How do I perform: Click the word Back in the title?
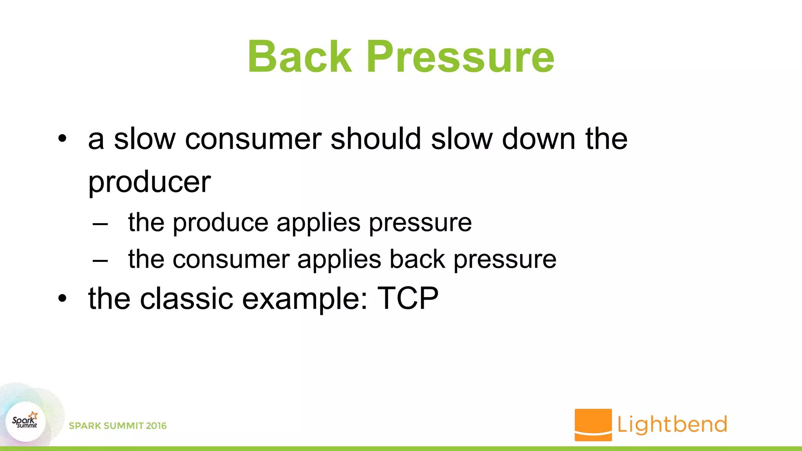pyautogui.click(x=300, y=57)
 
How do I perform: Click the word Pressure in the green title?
pyautogui.click(x=460, y=57)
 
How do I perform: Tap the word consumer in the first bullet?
pyautogui.click(x=253, y=139)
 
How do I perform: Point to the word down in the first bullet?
pyautogui.click(x=539, y=139)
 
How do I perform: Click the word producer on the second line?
pyautogui.click(x=149, y=182)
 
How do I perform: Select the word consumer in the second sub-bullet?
pyautogui.click(x=231, y=260)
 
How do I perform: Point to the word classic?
pyautogui.click(x=186, y=298)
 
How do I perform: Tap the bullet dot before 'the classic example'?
pyautogui.click(x=62, y=299)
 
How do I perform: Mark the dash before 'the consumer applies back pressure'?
pyautogui.click(x=100, y=261)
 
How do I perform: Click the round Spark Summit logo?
pyautogui.click(x=26, y=421)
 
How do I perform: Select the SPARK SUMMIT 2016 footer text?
pyautogui.click(x=117, y=426)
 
